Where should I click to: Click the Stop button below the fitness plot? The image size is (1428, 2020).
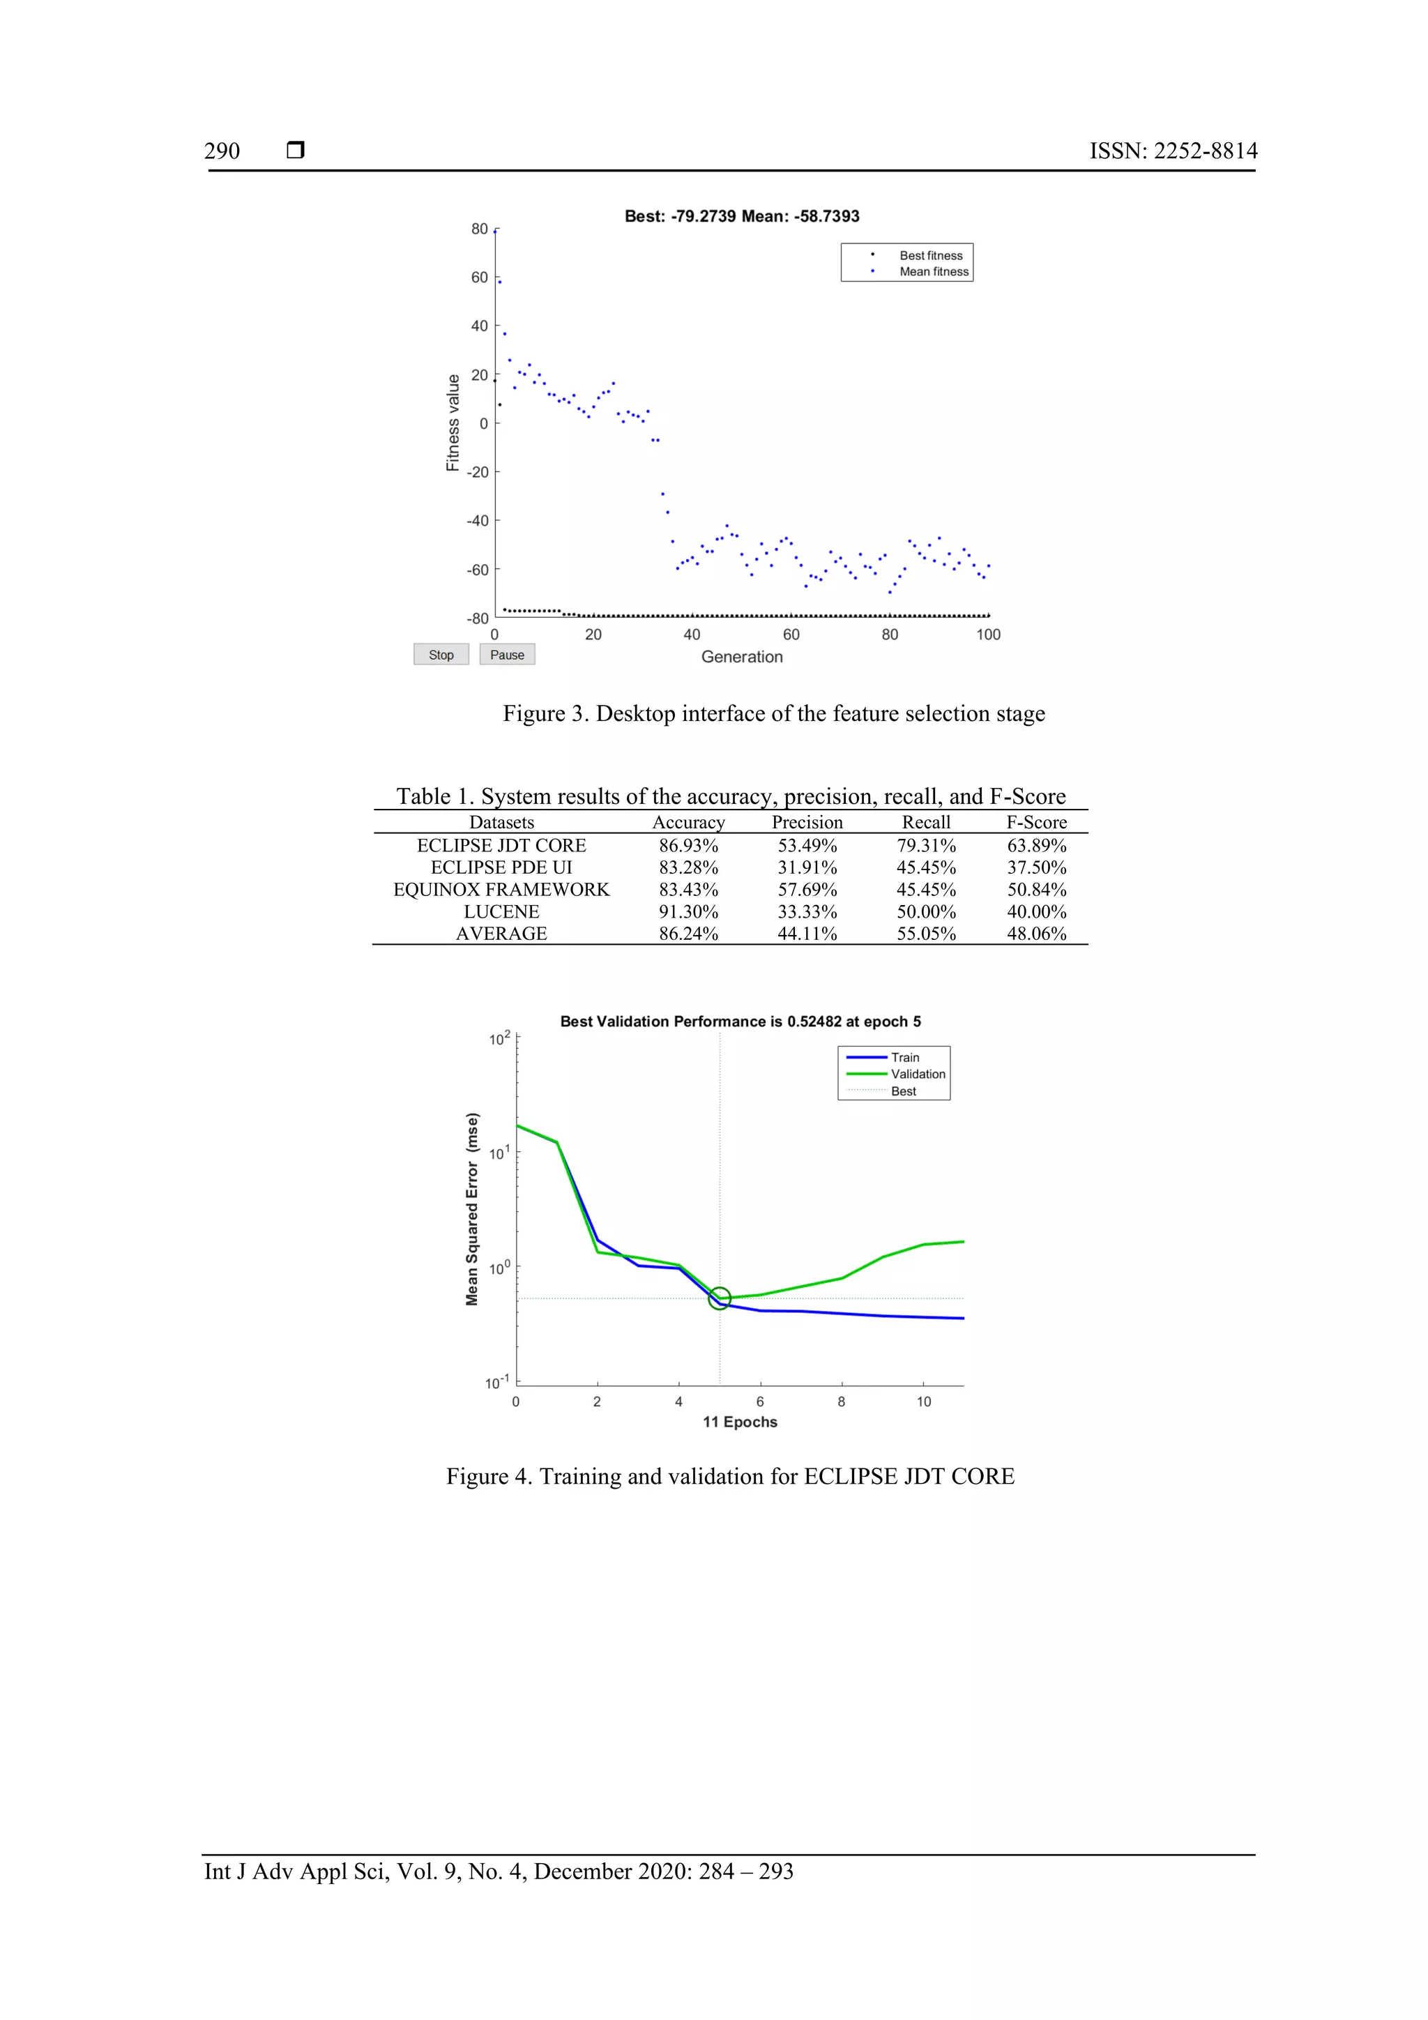(x=441, y=655)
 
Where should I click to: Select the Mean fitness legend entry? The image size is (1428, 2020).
(x=933, y=272)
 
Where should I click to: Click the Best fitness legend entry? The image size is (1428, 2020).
(x=930, y=255)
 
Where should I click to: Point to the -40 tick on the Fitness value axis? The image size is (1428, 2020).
(x=478, y=521)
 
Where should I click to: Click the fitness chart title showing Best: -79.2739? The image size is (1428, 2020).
(x=742, y=216)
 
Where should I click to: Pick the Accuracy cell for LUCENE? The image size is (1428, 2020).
(x=688, y=911)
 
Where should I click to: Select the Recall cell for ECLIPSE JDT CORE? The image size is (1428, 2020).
(x=925, y=846)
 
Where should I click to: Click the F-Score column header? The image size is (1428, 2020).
(x=1036, y=823)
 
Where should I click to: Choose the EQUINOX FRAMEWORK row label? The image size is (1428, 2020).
(x=501, y=890)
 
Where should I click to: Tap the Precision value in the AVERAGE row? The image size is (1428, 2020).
(x=807, y=934)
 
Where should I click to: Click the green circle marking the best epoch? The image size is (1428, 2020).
(x=720, y=1298)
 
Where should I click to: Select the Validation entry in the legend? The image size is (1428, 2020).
(x=918, y=1074)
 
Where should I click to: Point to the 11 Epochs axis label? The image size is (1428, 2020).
(x=740, y=1422)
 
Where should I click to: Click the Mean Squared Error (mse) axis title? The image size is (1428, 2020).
(x=473, y=1209)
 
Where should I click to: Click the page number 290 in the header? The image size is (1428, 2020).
(x=222, y=151)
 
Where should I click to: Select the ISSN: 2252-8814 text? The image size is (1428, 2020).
(x=1173, y=151)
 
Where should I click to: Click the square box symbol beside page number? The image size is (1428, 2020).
(x=296, y=151)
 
